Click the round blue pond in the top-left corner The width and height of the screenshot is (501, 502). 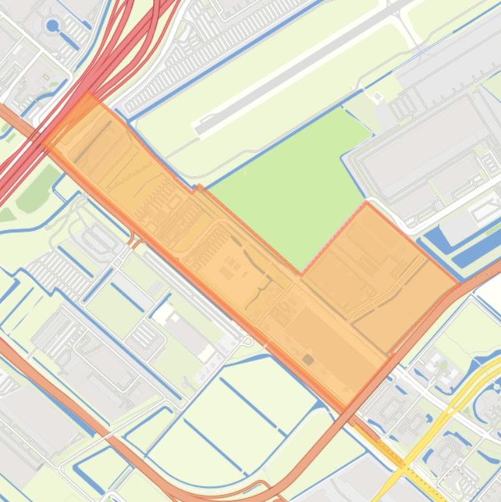click(52, 25)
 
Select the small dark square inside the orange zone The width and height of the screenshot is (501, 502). click(308, 359)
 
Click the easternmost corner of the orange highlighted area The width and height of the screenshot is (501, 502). click(459, 284)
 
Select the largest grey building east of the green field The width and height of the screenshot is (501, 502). click(423, 153)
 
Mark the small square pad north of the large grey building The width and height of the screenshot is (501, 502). click(377, 98)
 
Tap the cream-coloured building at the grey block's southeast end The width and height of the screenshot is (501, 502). click(207, 353)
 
